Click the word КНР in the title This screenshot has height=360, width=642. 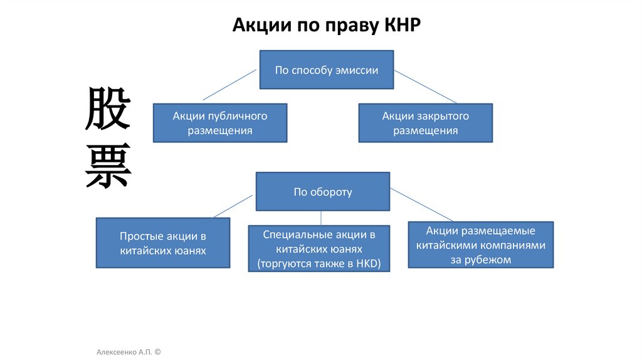(401, 26)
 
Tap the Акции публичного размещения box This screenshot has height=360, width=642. (220, 123)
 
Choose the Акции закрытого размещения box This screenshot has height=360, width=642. (425, 123)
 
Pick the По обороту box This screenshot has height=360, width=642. (322, 192)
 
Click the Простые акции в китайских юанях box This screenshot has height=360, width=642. (162, 243)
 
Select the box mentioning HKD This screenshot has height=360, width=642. (319, 248)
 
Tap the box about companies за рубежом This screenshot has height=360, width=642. (480, 244)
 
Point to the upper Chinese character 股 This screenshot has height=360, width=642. (108, 109)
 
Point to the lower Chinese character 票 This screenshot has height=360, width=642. (108, 166)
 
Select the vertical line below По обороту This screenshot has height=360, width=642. (322, 218)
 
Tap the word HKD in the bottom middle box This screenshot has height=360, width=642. (367, 263)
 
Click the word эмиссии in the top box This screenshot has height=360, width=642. (357, 70)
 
